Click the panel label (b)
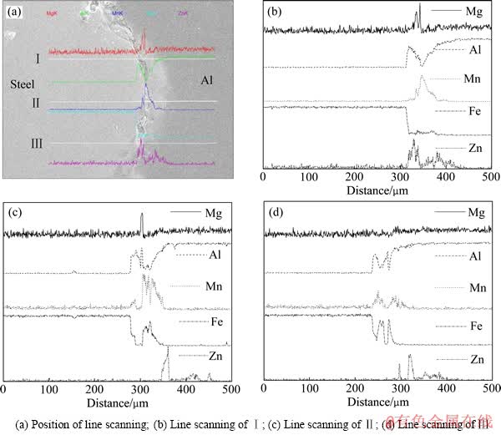(x=274, y=12)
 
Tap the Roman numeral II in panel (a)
(x=36, y=103)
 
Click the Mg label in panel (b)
(x=474, y=13)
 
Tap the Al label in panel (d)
(x=476, y=258)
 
